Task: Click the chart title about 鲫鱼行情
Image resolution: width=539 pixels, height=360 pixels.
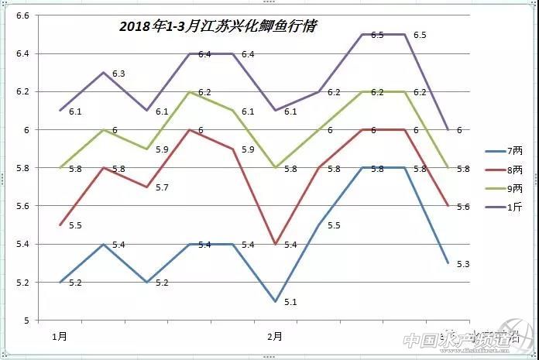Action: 218,26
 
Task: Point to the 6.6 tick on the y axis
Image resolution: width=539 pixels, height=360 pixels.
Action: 22,16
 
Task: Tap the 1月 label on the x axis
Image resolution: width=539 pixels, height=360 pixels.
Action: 60,337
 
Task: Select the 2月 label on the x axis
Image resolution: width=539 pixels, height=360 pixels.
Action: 274,337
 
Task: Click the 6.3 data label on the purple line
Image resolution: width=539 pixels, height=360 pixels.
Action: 118,74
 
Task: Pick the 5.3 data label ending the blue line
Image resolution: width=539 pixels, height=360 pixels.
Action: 463,265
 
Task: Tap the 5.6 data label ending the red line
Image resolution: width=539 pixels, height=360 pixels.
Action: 463,207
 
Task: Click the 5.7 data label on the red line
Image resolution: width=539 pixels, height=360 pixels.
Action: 162,188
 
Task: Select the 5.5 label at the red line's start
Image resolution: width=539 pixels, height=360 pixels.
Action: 75,226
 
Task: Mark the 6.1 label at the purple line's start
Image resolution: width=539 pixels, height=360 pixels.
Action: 75,112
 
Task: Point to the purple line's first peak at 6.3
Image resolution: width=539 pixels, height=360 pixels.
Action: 103,72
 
